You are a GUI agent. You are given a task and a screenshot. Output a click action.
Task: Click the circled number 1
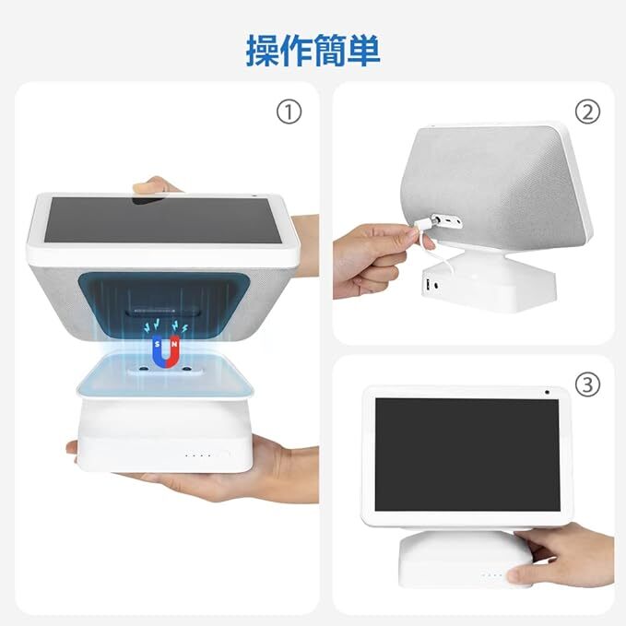pos(289,112)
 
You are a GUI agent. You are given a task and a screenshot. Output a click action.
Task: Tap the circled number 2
pos(587,112)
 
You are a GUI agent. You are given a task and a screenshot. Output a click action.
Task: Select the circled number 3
pos(587,384)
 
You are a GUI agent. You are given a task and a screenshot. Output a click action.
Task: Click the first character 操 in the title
pos(263,51)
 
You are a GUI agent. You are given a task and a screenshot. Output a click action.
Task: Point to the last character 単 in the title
pos(363,51)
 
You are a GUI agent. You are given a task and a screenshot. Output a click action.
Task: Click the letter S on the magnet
pos(158,344)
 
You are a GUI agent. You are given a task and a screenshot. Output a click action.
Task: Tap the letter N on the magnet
pos(174,344)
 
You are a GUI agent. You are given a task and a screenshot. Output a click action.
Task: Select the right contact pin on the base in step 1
pos(186,369)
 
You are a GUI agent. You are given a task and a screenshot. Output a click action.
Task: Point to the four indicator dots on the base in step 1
pos(197,455)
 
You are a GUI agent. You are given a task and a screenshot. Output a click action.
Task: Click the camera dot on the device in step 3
pos(547,393)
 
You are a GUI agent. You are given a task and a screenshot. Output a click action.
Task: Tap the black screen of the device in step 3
pos(467,455)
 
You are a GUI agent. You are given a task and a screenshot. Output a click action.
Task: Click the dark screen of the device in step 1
pos(163,219)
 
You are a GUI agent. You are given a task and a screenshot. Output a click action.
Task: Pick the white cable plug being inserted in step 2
pos(426,224)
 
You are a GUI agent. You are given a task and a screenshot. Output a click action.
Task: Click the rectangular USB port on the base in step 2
pos(428,285)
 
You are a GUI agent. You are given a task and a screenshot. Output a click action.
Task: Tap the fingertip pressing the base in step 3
pos(515,576)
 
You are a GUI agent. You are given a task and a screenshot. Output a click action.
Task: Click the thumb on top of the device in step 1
pos(155,185)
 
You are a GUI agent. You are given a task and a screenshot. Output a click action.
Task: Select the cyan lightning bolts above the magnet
pos(166,326)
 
